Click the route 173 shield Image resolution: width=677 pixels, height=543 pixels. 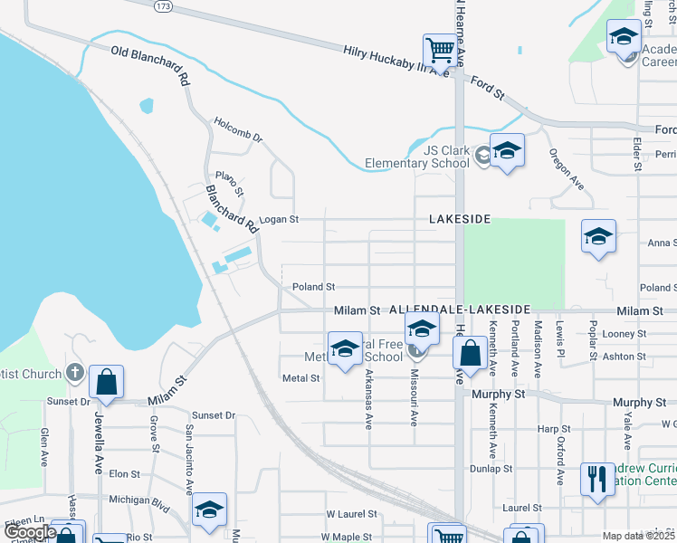pos(163,5)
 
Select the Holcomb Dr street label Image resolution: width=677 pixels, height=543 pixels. pos(238,129)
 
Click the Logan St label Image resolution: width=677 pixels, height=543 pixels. pos(279,220)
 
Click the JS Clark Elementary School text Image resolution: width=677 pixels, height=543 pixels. pos(416,157)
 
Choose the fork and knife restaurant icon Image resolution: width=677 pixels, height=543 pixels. pos(596,478)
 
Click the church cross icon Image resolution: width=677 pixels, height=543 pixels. pos(75,373)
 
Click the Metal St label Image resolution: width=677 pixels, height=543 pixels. pos(301,378)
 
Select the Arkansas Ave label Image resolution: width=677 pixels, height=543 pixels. pos(368,399)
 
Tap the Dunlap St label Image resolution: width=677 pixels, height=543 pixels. pos(491,469)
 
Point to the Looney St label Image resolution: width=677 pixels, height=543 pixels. pos(624,334)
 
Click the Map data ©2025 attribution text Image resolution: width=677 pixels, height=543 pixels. pos(637,536)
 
